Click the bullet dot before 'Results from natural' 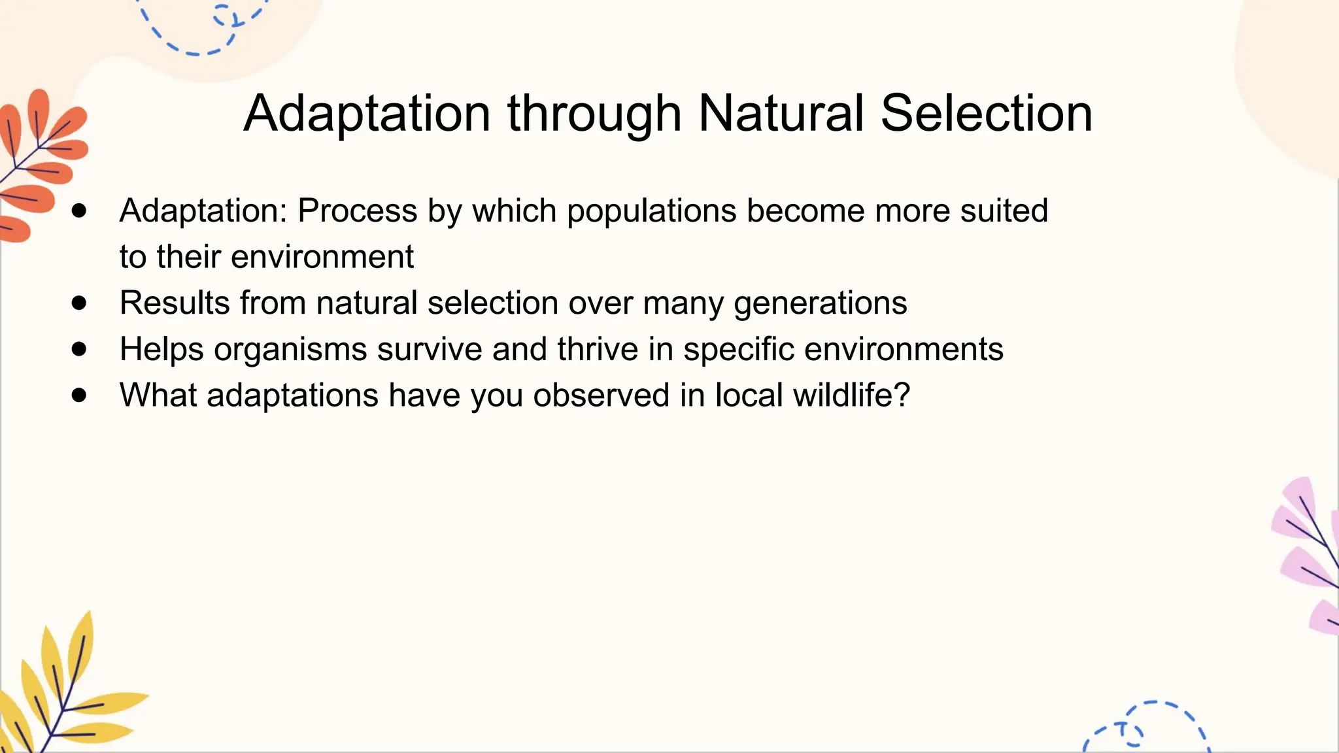[79, 303]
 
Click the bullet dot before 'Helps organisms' [79, 349]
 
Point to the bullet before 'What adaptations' [79, 395]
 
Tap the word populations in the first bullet [651, 211]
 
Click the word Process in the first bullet [357, 210]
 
